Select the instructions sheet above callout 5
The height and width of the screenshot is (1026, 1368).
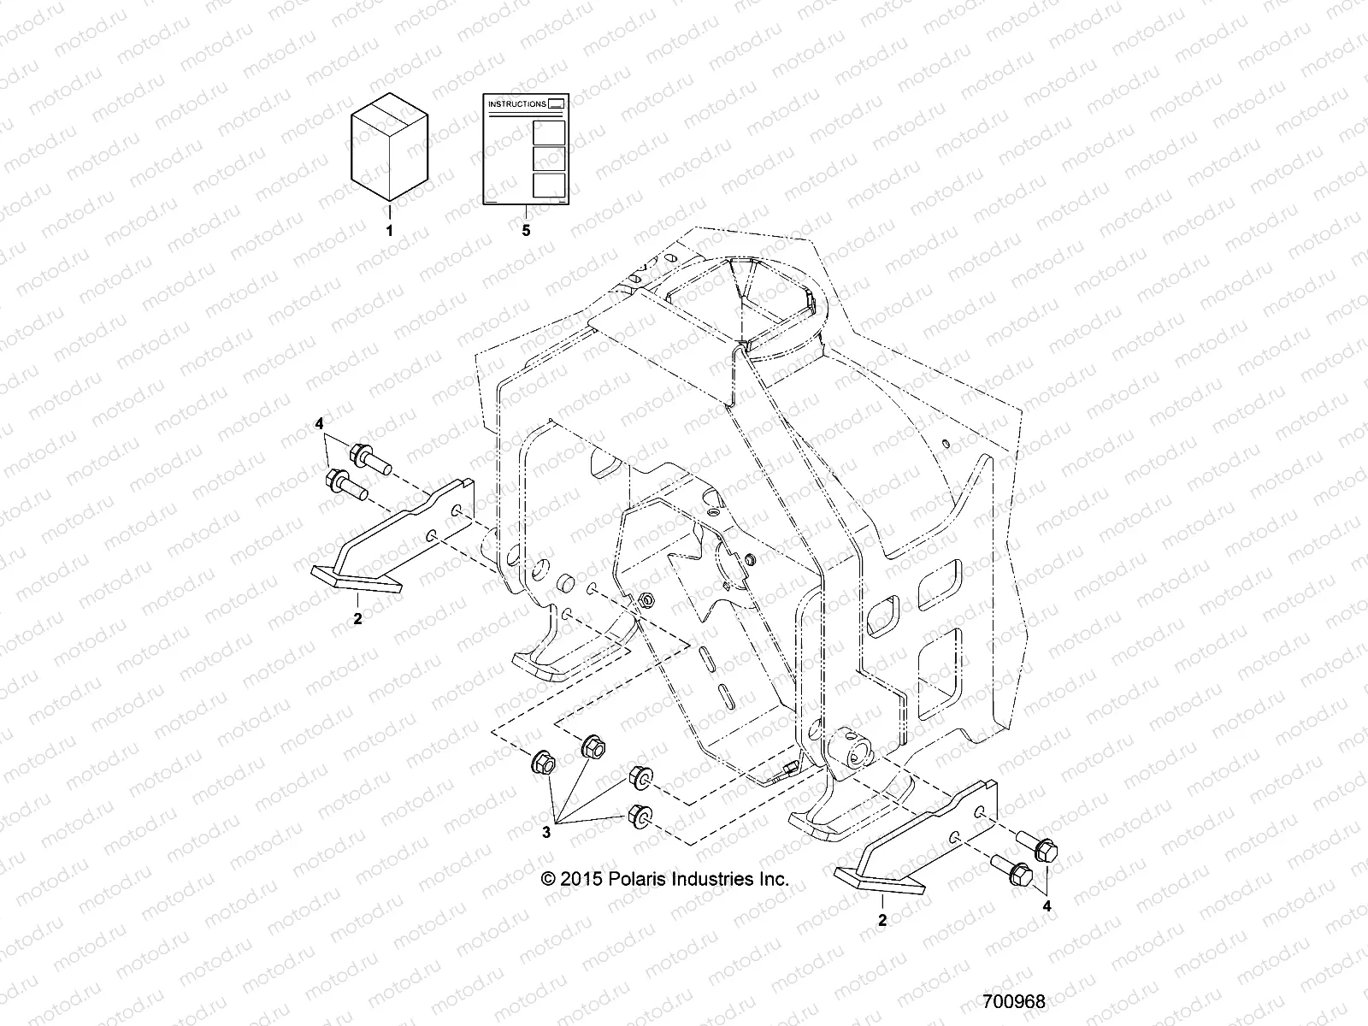(526, 150)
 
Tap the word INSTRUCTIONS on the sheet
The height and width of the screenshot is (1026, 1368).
(516, 104)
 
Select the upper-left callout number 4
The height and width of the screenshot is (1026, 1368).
(320, 424)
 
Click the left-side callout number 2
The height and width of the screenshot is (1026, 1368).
(357, 619)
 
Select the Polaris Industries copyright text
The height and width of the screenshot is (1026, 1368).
(665, 879)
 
